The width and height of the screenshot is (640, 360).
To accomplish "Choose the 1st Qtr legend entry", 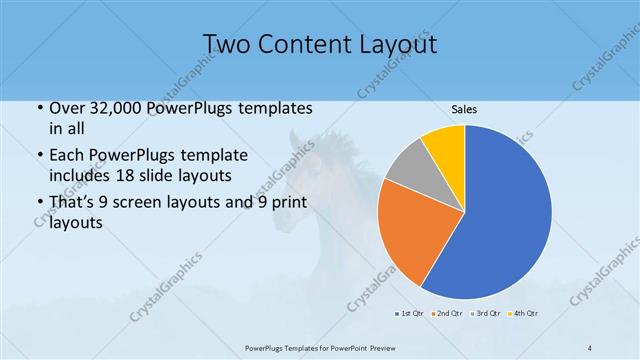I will tap(410, 314).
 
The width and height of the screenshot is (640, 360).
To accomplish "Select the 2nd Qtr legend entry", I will tap(446, 314).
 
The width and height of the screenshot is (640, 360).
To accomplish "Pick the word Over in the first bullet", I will tap(67, 109).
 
